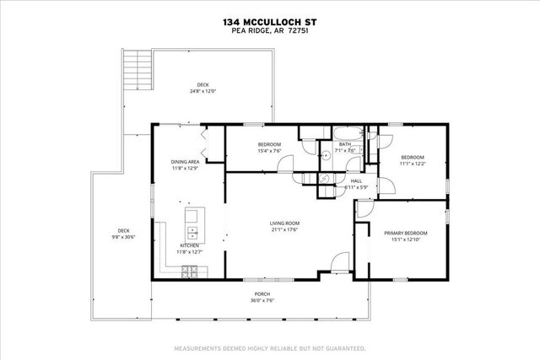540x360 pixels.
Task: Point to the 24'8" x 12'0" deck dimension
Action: (x=202, y=92)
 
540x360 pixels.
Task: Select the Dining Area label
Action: (x=185, y=160)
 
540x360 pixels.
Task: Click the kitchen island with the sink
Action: (x=192, y=223)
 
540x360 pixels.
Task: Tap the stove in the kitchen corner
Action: (x=191, y=271)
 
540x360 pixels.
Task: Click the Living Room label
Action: (x=286, y=223)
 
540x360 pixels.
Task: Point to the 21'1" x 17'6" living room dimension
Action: (x=286, y=230)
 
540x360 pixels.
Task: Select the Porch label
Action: (x=263, y=294)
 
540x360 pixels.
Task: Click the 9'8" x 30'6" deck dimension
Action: (x=123, y=237)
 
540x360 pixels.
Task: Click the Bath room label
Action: (x=345, y=144)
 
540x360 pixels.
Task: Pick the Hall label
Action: (x=356, y=180)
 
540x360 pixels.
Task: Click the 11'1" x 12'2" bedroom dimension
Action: (x=411, y=164)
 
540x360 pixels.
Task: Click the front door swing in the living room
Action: (x=338, y=263)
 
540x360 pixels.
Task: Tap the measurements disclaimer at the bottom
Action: (x=269, y=347)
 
